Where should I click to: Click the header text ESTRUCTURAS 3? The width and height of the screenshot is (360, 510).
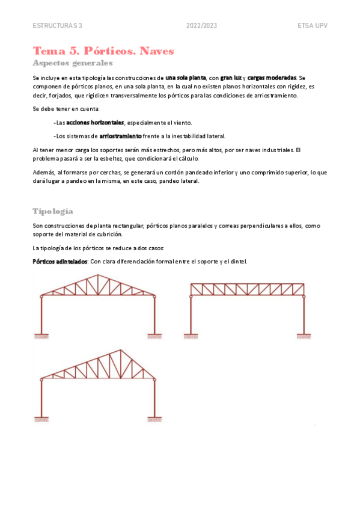(57, 26)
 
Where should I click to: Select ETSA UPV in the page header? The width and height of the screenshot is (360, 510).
(313, 26)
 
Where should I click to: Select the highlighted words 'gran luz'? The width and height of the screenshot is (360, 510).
(231, 78)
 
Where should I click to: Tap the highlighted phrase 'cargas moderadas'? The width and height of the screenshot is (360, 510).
(272, 78)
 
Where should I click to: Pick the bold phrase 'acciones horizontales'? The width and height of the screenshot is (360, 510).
(95, 122)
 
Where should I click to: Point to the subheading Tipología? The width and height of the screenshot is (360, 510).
(53, 211)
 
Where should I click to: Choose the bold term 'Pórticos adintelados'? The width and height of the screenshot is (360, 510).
(59, 262)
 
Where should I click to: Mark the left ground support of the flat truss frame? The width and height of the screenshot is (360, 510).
(191, 335)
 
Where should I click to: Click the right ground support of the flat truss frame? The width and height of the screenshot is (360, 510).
(304, 335)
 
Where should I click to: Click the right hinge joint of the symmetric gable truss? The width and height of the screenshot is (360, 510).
(155, 296)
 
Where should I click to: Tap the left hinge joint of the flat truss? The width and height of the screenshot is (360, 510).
(191, 296)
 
